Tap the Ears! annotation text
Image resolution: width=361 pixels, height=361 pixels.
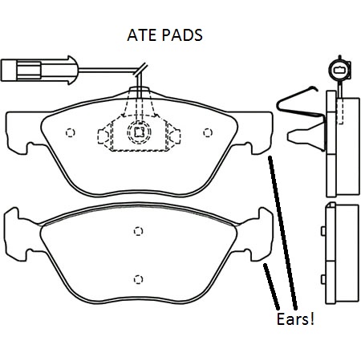point(295,318)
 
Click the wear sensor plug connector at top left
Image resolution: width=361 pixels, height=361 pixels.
point(39,70)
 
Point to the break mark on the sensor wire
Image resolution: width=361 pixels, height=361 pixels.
point(140,70)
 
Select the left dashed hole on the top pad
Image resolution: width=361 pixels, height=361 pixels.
point(70,132)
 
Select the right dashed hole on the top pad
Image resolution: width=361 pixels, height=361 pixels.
point(208,132)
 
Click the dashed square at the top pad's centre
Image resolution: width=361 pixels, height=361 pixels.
point(139,132)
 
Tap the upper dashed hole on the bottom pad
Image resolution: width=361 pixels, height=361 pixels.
point(138,231)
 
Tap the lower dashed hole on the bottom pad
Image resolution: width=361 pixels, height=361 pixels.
point(138,279)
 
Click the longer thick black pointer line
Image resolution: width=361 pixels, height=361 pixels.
point(282,233)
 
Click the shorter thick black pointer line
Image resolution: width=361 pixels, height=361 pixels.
point(271,286)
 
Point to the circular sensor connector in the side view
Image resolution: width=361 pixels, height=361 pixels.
point(339,70)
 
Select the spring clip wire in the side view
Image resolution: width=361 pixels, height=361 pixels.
point(299,103)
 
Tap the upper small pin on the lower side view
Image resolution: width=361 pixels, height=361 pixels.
point(323,231)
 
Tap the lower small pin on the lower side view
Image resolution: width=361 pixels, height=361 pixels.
point(323,279)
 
